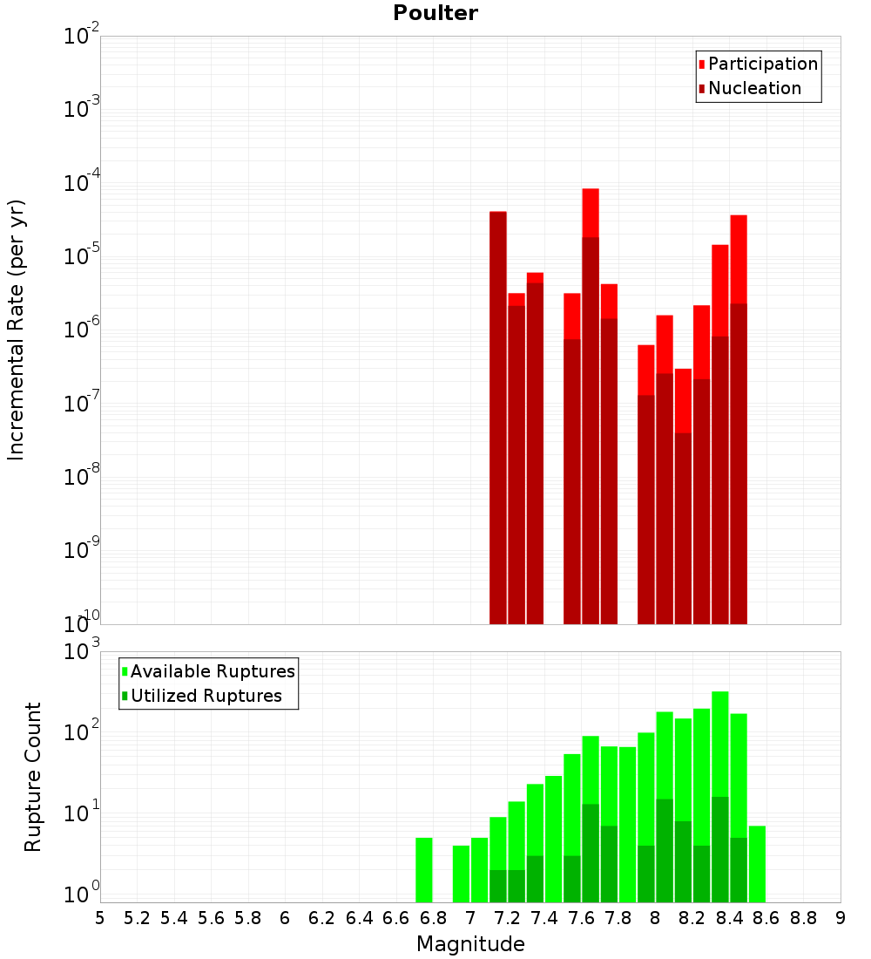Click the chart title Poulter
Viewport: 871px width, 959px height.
click(x=435, y=13)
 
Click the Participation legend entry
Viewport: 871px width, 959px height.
click(x=762, y=64)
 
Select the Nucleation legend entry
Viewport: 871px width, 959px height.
click(x=753, y=88)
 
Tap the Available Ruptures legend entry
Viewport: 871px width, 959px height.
click(x=212, y=671)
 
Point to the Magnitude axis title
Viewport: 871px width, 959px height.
click(x=470, y=944)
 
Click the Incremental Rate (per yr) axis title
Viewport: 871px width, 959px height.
click(x=17, y=330)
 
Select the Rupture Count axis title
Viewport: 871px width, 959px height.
click(x=33, y=777)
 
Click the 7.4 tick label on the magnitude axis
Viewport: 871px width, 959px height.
click(x=544, y=918)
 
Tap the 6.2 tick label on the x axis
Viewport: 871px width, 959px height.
click(x=322, y=918)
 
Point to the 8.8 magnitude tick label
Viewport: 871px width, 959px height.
click(x=803, y=918)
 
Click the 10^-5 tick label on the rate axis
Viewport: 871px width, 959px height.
click(x=82, y=255)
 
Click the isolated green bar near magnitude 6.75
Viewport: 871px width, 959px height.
click(x=424, y=869)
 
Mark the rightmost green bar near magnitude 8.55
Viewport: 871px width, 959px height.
click(x=757, y=863)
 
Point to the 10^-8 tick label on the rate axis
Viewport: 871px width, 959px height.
click(x=82, y=476)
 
